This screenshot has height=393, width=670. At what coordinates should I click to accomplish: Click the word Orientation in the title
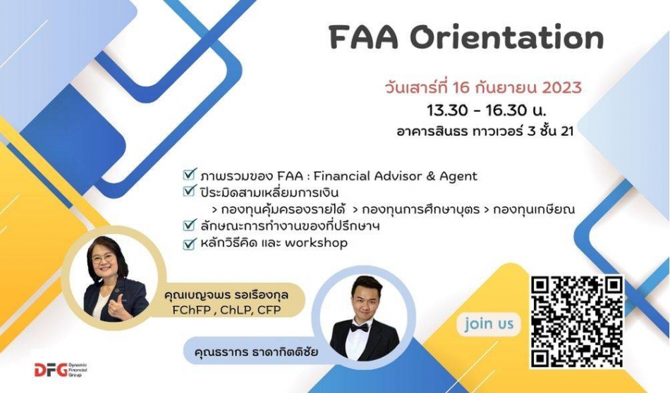click(507, 37)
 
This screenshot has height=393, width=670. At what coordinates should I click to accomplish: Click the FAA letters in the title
click(364, 37)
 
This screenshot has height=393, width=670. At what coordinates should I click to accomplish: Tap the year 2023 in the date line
click(561, 87)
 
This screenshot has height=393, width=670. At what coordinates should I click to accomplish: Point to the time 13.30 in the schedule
click(447, 111)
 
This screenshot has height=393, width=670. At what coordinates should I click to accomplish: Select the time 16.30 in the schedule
click(506, 111)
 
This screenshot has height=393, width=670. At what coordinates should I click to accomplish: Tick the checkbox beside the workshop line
click(189, 243)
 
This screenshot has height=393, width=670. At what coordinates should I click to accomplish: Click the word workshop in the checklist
click(316, 243)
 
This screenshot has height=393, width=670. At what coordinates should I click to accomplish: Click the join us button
click(489, 324)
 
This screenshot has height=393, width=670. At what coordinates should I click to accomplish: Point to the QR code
click(577, 321)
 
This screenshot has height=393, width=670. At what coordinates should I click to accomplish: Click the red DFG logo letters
click(50, 370)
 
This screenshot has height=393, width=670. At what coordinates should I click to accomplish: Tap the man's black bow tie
click(359, 328)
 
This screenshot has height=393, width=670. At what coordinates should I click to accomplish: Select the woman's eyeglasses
click(103, 259)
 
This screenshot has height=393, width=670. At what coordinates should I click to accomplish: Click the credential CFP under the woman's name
click(269, 310)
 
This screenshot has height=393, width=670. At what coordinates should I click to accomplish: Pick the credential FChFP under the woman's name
click(192, 310)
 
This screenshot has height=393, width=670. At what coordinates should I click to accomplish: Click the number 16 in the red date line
click(462, 87)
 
